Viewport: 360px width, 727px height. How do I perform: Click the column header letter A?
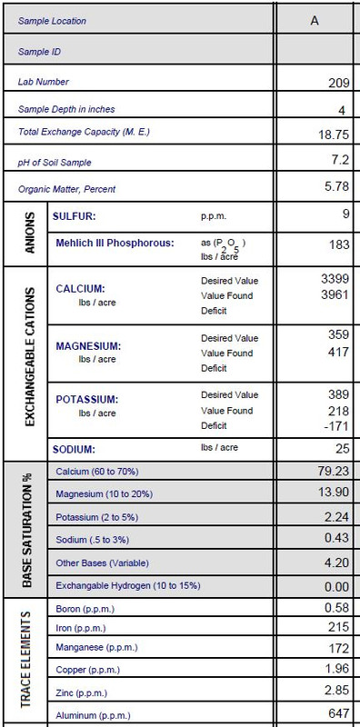tap(314, 19)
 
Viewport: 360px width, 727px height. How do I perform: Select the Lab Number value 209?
tap(337, 83)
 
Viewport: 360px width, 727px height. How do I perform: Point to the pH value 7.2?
tap(338, 160)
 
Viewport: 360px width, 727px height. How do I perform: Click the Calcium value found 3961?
tap(332, 294)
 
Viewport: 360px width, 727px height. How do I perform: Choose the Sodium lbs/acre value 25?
tap(341, 448)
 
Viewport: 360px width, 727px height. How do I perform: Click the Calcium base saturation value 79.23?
tap(331, 472)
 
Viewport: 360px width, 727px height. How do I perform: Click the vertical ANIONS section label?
tap(29, 234)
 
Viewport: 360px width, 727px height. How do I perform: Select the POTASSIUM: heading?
tap(91, 399)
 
